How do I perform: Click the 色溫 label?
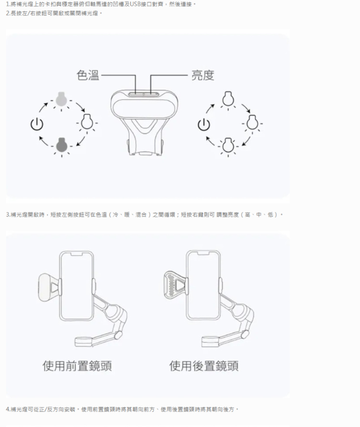point(87,75)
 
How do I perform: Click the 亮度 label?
point(203,75)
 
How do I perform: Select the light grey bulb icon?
point(61,98)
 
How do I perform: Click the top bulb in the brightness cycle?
point(228,98)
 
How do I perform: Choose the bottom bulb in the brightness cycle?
point(228,145)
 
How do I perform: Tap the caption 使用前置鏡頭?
point(77,366)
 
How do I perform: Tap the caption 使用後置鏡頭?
point(204,366)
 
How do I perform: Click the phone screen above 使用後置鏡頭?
point(203,286)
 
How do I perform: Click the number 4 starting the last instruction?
point(8,409)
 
